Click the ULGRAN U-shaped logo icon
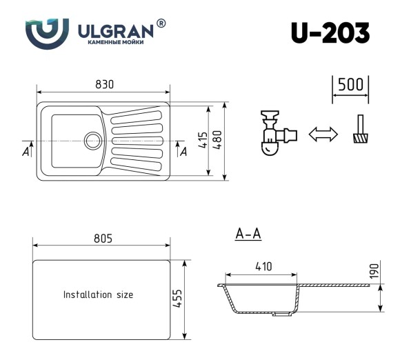coord(47,32)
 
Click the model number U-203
coord(330,32)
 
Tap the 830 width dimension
coord(104,83)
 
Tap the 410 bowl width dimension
coord(263,266)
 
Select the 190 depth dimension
coord(373,271)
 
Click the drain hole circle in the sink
coord(92,141)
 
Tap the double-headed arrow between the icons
coord(323,134)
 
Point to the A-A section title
coord(248,235)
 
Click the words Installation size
coord(99,294)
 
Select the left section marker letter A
coord(26,151)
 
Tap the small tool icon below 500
coord(360,131)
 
